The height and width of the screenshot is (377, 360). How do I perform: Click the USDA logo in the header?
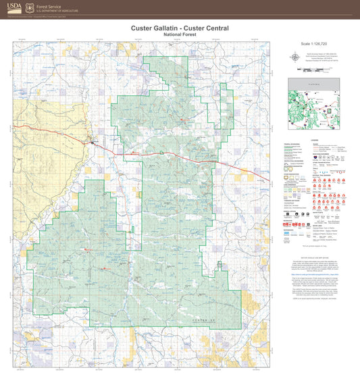point(14,9)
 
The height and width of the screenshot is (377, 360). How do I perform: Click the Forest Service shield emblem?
point(32,9)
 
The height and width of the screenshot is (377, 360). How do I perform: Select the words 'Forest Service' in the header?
point(57,6)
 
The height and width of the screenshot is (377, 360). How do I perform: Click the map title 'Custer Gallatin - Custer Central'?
point(180,28)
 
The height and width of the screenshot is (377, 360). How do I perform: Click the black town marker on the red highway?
point(93,142)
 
